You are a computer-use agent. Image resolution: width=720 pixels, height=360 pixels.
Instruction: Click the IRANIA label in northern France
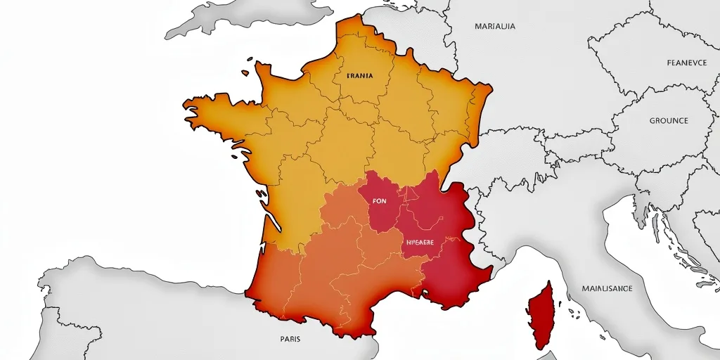coord(360,75)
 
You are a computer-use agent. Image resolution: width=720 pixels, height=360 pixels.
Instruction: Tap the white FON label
coord(379,200)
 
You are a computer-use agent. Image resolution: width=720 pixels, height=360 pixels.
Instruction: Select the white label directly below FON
coord(420,242)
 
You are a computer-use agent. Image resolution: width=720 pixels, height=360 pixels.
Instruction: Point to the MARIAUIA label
coord(495,27)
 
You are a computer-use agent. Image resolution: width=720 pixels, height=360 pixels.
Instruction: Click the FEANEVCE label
coord(686,63)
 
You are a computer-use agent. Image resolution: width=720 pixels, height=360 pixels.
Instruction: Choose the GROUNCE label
coord(669,121)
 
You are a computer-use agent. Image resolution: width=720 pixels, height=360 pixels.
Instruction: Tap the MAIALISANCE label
coord(607,288)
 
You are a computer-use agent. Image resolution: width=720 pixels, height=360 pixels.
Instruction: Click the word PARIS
coord(290,339)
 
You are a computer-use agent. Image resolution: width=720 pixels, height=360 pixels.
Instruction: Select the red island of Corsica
coord(541,312)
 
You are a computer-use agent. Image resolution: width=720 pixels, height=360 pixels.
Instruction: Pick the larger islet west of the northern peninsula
coord(245,72)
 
